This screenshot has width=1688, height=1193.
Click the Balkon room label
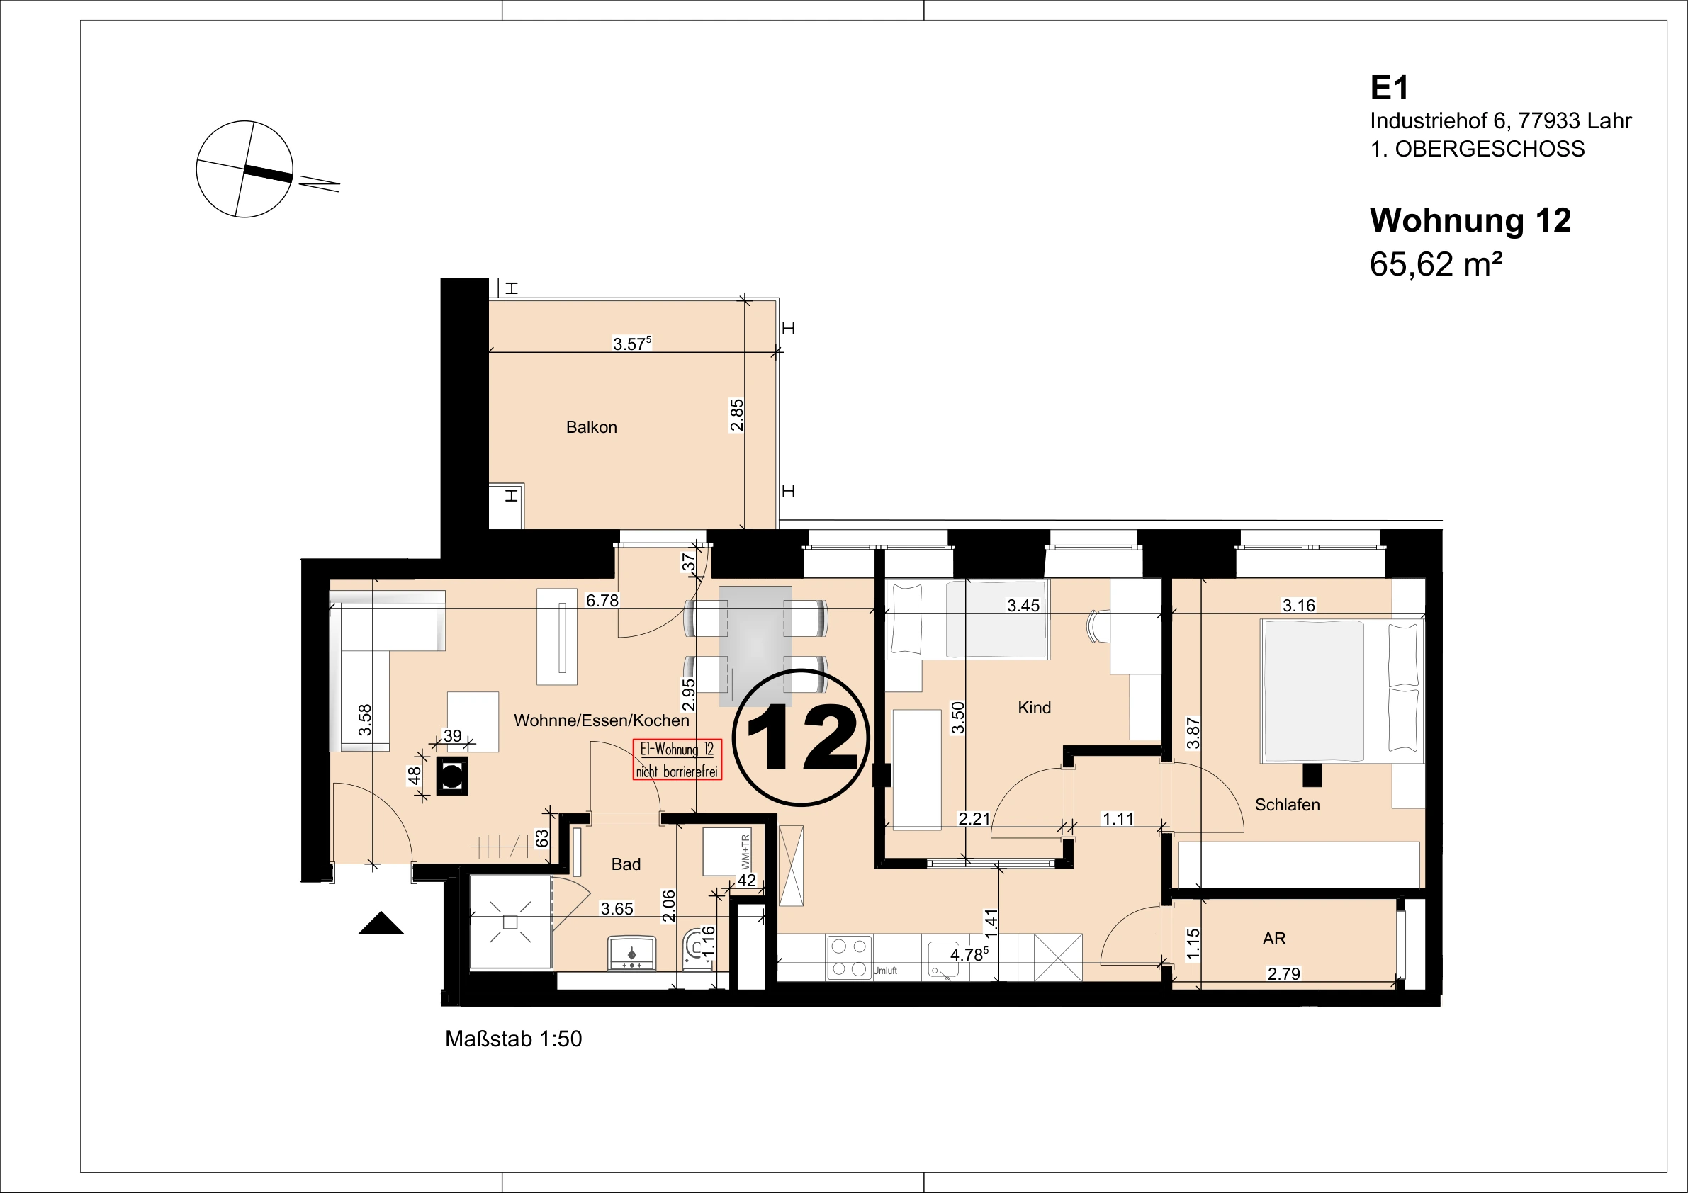(591, 427)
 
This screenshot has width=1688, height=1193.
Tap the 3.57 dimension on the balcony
(632, 344)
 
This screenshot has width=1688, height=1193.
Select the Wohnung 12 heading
(1470, 220)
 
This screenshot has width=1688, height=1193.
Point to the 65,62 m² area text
(1436, 264)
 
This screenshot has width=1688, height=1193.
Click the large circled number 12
(801, 737)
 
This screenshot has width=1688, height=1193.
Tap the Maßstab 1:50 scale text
(513, 1039)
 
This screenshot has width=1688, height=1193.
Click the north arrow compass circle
(244, 169)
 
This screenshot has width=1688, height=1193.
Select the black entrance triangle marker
(381, 923)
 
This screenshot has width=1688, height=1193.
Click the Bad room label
(626, 864)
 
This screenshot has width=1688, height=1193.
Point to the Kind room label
(1035, 708)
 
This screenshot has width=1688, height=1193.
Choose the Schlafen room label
(1288, 805)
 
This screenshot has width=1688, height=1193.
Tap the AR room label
(1274, 939)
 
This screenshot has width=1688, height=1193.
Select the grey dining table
(755, 646)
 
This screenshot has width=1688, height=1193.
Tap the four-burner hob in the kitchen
(849, 957)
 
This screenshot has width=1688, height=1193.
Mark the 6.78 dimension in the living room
(602, 601)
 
